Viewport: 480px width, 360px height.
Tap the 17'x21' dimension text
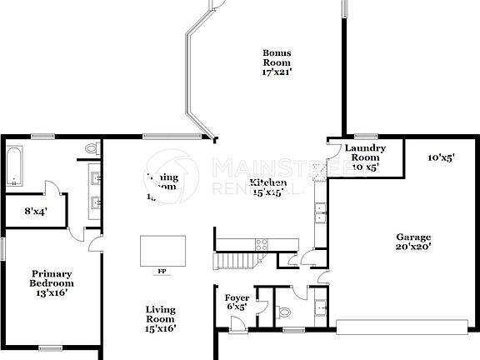coord(276,73)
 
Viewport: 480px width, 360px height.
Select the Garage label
coord(412,237)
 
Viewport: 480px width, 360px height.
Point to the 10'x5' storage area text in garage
coord(440,157)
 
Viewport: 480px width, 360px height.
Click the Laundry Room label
coord(365,152)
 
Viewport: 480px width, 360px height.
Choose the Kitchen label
coord(268,182)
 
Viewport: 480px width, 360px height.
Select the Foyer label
coord(237,297)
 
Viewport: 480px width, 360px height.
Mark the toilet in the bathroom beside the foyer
coord(283,313)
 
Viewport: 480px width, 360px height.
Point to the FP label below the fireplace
coord(161,271)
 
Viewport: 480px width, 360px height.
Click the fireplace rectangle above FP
coord(162,249)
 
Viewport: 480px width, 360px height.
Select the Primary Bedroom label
coord(52,278)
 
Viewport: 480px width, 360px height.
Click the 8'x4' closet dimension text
coord(35,212)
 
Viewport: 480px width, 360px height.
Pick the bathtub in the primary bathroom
coord(14,167)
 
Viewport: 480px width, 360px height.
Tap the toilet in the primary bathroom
coord(92,148)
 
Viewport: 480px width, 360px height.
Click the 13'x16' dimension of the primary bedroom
coord(50,292)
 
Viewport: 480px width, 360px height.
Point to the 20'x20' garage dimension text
coord(412,247)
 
